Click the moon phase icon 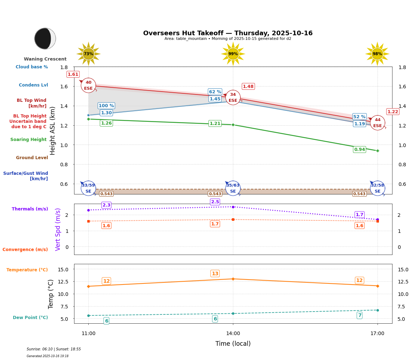coord(45,38)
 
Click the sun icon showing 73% coord(88,54)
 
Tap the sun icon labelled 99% coord(233,54)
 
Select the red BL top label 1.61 coord(73,74)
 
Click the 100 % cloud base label coord(106,106)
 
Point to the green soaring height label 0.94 coord(359,150)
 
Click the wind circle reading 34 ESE coord(233,98)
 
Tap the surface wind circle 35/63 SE coord(233,188)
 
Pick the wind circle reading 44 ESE coord(378,123)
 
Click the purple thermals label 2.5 coord(215,202)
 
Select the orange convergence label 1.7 coord(215,224)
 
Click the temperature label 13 coord(215,273)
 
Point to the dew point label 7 coord(360,315)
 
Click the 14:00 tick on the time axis coord(233,333)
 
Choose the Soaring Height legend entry coord(28,140)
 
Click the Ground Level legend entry coord(32,158)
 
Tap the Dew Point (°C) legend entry coord(30,318)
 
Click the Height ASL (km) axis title coord(53,130)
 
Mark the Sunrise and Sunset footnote coord(54,349)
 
